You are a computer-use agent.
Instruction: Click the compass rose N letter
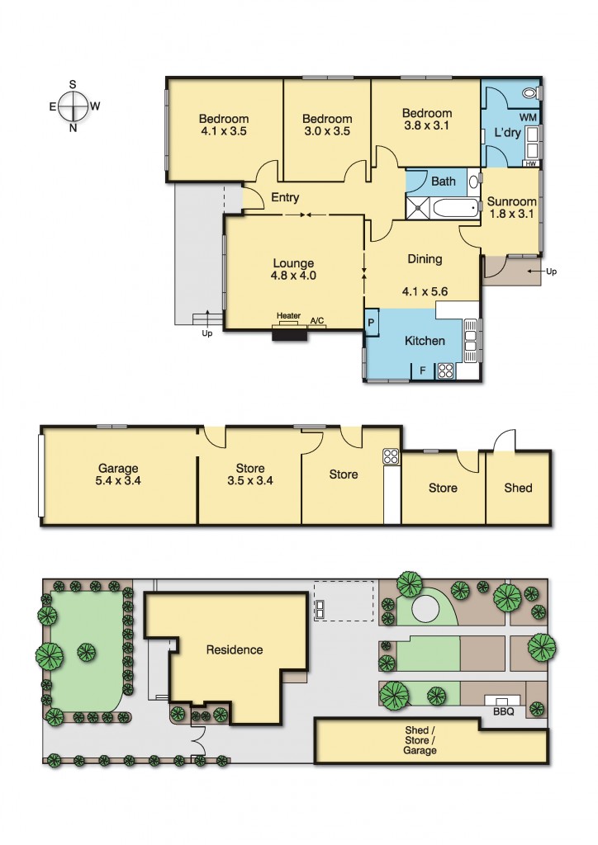[73, 128]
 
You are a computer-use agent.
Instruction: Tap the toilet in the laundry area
[530, 93]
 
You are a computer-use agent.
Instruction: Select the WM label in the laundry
[528, 117]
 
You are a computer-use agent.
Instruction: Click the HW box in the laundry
[531, 163]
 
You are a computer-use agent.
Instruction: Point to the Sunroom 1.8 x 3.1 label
[512, 207]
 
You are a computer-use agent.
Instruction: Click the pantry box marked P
[372, 323]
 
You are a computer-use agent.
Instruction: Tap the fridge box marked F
[423, 371]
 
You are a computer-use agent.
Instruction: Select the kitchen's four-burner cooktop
[446, 371]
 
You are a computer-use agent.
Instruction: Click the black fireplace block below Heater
[290, 333]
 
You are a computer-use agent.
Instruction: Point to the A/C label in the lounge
[317, 321]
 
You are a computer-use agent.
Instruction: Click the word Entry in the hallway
[285, 197]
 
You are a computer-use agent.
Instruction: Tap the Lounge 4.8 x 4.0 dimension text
[293, 270]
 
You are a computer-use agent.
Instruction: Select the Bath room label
[444, 182]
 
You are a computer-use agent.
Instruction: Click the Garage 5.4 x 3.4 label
[118, 474]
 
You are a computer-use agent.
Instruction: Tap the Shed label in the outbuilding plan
[518, 488]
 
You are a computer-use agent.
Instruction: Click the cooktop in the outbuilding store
[391, 456]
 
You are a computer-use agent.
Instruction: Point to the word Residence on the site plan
[235, 650]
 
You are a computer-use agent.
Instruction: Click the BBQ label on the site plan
[504, 711]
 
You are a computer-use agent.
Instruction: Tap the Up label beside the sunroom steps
[551, 271]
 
